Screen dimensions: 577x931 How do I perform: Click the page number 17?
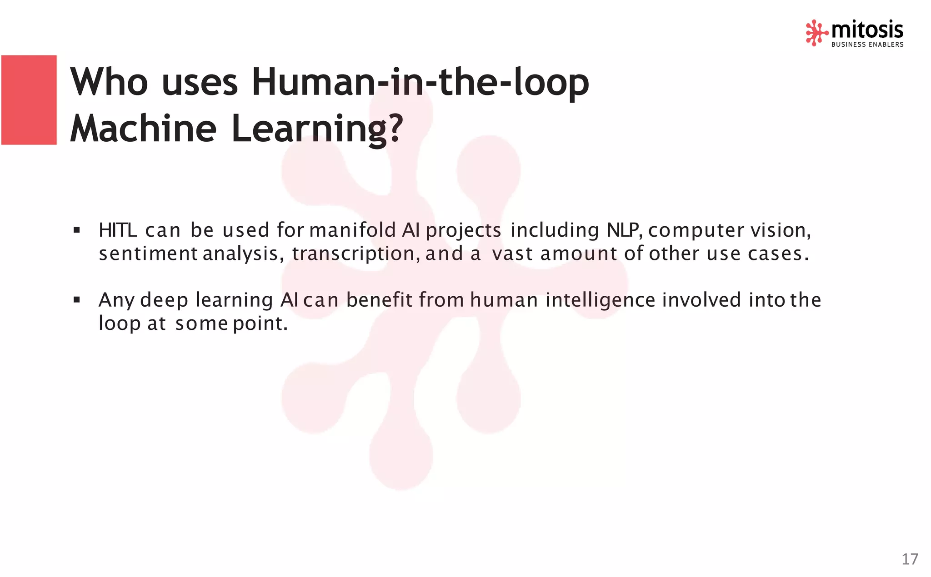910,559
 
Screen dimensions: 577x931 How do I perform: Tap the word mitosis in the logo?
867,30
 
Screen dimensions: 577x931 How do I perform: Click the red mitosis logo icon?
816,33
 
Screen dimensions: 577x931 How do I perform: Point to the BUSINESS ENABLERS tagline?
867,45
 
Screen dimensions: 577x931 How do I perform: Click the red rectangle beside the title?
29,100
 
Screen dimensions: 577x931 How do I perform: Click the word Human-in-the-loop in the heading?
420,82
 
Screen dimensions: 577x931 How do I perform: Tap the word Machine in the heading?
143,129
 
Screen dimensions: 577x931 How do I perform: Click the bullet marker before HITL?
76,230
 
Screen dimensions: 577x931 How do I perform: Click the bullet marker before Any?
76,300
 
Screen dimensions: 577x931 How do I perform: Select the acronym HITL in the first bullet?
118,230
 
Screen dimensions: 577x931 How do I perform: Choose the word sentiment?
148,254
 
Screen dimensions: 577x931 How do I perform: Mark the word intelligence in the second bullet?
600,300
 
